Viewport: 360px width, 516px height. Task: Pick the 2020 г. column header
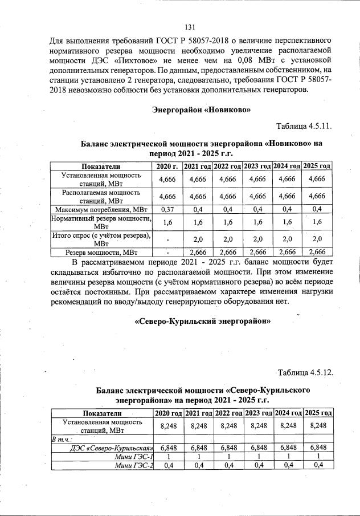pos(167,166)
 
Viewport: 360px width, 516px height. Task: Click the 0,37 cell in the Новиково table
pos(167,209)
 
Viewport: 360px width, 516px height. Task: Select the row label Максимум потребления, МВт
pos(101,209)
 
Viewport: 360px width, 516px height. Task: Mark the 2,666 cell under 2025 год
pos(317,251)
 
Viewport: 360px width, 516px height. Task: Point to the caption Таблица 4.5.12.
pos(304,373)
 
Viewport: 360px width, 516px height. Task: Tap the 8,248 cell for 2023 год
pos(257,425)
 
